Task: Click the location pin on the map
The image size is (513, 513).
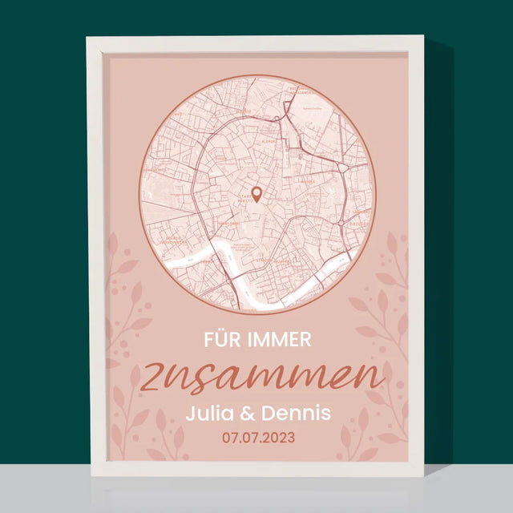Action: (256, 193)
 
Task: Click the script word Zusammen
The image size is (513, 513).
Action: (265, 377)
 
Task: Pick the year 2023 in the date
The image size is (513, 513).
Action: (279, 438)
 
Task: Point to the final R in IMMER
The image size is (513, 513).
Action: (306, 340)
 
